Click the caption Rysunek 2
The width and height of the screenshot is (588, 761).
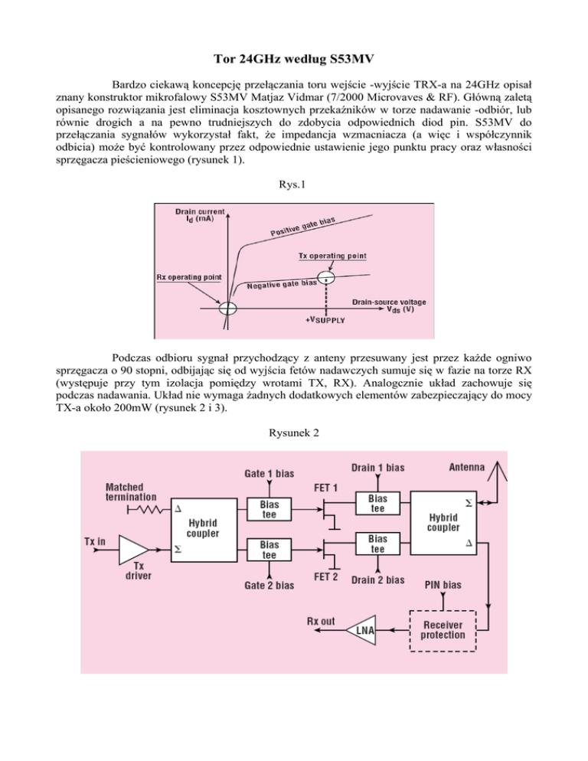click(293, 433)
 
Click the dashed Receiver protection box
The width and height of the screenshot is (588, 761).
click(443, 630)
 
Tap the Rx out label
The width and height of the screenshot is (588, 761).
click(321, 621)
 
